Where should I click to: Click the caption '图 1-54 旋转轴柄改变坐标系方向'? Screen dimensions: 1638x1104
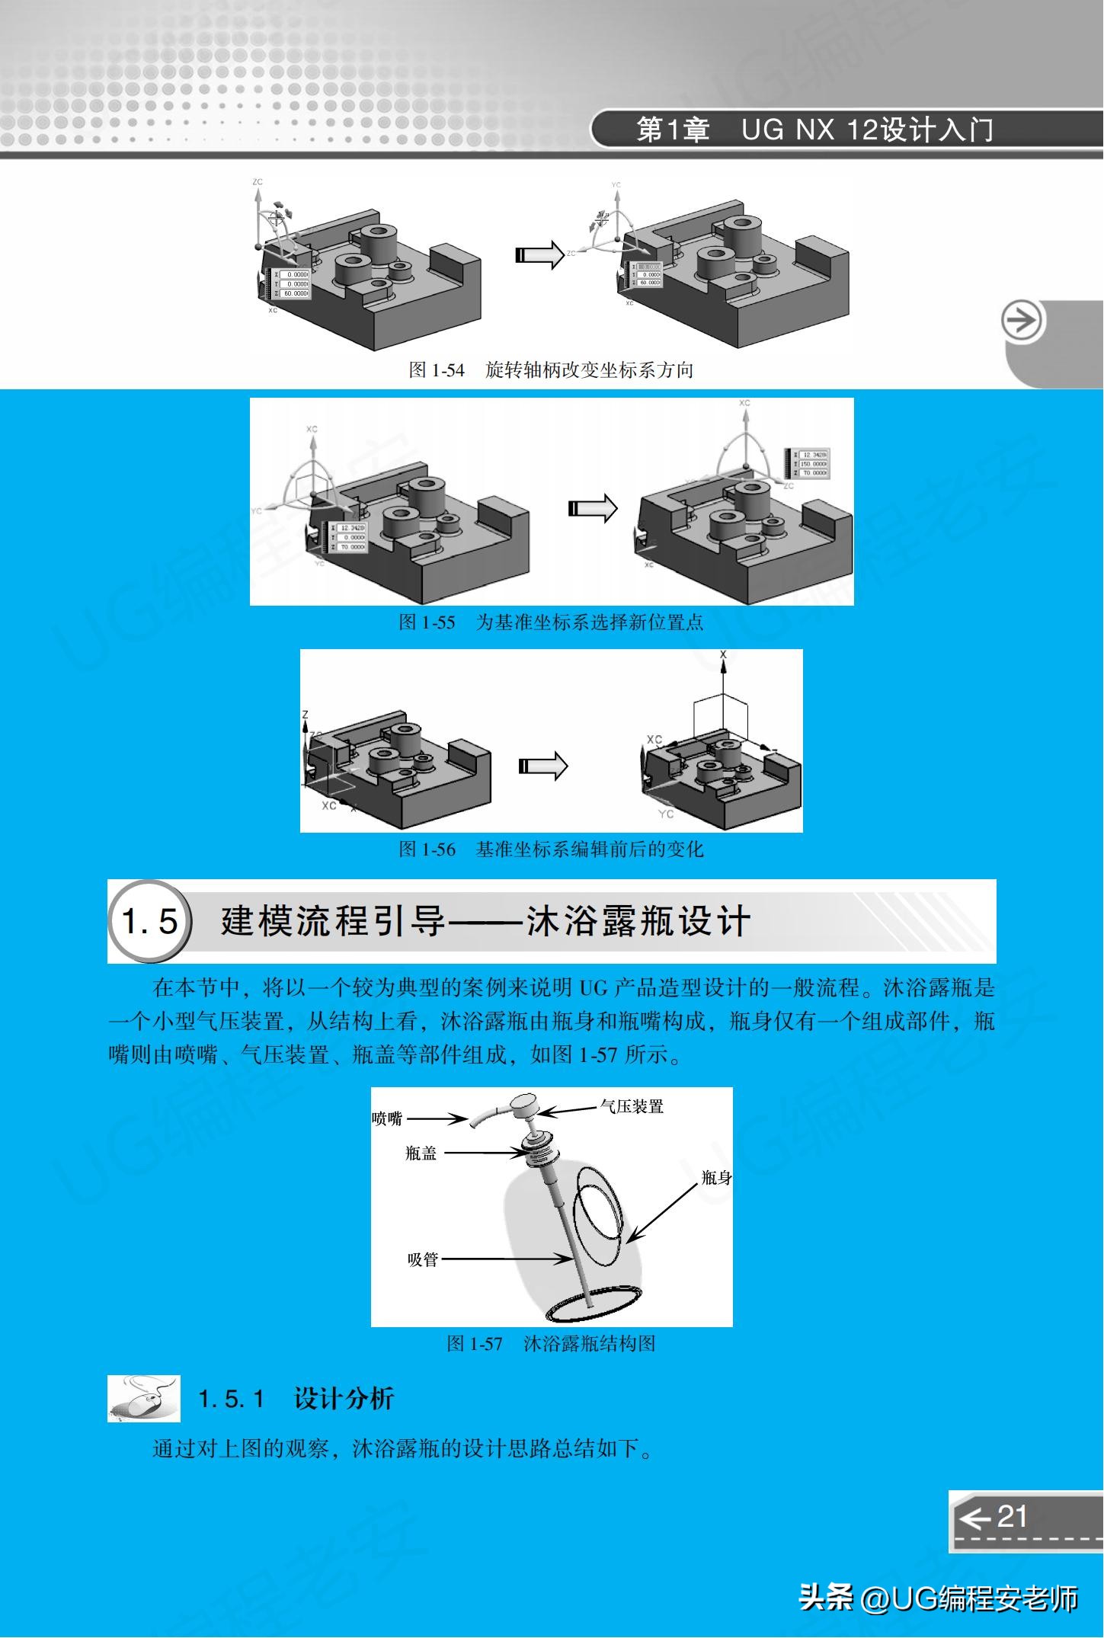click(551, 370)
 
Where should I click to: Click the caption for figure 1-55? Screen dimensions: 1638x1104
click(551, 622)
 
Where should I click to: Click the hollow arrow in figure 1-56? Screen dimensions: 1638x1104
click(542, 766)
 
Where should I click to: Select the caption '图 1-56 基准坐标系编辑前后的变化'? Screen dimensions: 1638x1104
click(551, 849)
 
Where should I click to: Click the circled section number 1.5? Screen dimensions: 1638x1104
click(150, 922)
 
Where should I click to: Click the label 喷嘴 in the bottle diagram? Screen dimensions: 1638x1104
click(387, 1118)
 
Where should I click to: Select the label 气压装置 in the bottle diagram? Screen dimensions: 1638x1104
click(632, 1106)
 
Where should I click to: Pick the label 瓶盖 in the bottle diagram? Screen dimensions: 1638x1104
click(421, 1153)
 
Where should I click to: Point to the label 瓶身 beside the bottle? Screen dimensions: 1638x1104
click(715, 1178)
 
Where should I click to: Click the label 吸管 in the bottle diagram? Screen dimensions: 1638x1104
click(423, 1259)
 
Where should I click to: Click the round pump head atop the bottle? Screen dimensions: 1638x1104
click(525, 1103)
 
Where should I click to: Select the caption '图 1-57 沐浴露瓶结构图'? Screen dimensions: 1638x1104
click(551, 1343)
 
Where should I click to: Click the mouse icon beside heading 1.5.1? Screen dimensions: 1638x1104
click(144, 1399)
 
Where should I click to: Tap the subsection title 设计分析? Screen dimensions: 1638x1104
click(344, 1399)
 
